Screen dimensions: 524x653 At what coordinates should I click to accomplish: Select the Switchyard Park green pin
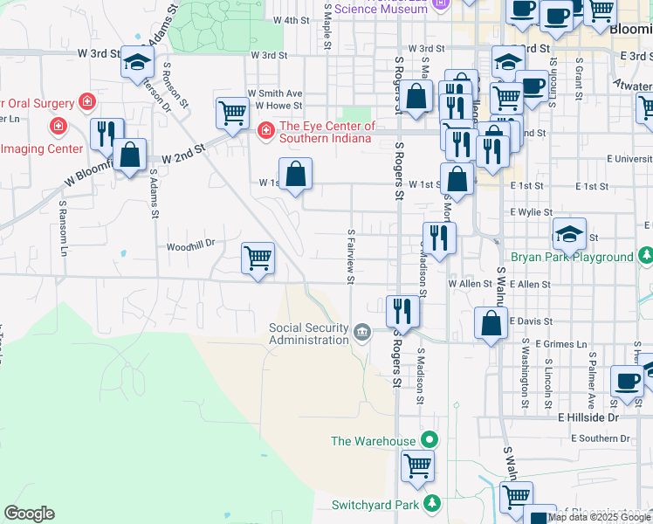coord(431,504)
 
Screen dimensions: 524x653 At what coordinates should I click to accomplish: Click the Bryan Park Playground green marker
coord(645,257)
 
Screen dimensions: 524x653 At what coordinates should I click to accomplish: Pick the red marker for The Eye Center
coord(265,132)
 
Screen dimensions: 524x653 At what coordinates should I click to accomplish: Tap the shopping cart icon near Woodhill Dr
coord(258,259)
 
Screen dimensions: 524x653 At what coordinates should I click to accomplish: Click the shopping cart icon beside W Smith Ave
coord(232,112)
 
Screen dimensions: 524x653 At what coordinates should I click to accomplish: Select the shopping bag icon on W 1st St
coord(296,173)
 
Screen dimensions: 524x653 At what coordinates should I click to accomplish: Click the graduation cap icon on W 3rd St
coord(137,62)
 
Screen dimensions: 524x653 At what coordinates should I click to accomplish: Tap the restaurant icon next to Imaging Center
coord(107,134)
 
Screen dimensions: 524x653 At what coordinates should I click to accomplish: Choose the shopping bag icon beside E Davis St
coord(491,322)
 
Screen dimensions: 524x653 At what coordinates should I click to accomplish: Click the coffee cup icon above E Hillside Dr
coord(627,382)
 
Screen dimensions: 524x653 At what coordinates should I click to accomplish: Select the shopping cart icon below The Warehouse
coord(418,465)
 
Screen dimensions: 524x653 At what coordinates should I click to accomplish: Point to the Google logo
coord(29,514)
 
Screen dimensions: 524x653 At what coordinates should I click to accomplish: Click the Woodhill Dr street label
coord(190,246)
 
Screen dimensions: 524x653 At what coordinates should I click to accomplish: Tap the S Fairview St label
coord(350,257)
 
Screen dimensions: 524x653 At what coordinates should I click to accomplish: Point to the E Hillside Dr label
coord(588,418)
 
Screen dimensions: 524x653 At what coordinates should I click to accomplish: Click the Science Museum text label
coord(381,9)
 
